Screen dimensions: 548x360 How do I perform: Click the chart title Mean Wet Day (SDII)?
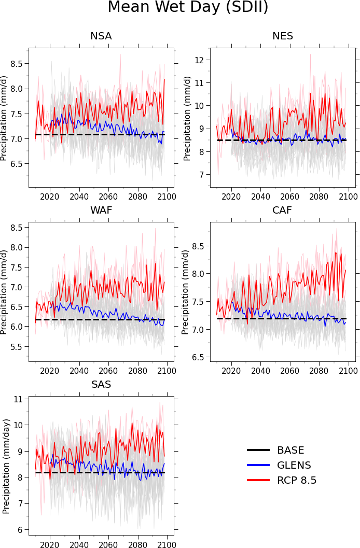click(x=188, y=7)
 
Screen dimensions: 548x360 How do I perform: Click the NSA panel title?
click(x=101, y=36)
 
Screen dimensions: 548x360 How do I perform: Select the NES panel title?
click(x=283, y=36)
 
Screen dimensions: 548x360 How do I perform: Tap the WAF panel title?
click(x=101, y=210)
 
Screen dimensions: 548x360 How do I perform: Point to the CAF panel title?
click(x=283, y=210)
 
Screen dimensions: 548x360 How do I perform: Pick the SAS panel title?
click(x=101, y=385)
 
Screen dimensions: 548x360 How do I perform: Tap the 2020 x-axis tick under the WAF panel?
click(x=50, y=371)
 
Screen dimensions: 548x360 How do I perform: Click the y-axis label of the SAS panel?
click(x=6, y=466)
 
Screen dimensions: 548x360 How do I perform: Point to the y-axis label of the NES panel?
click(x=187, y=118)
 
